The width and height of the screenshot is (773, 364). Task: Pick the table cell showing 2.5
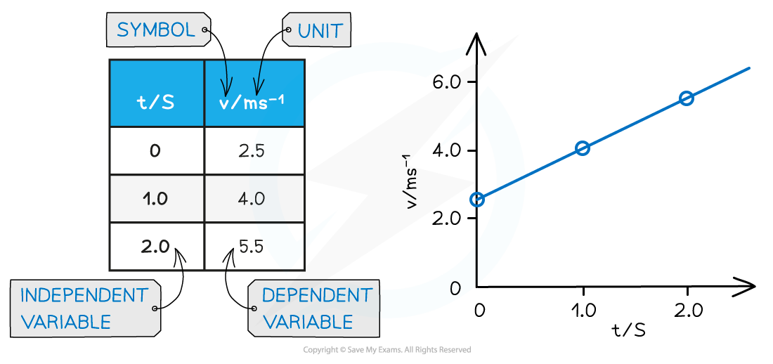click(x=254, y=150)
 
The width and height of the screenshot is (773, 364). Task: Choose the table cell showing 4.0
click(x=254, y=198)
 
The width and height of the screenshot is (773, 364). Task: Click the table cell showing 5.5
click(x=254, y=246)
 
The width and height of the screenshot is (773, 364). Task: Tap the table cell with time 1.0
click(x=156, y=198)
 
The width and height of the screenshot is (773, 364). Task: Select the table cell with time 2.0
click(x=156, y=246)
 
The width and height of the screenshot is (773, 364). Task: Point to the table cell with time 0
click(x=156, y=150)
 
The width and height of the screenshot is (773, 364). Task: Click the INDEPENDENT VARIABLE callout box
click(x=85, y=308)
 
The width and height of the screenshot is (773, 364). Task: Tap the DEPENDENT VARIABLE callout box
click(x=313, y=308)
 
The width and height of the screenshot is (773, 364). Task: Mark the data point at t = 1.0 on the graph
click(x=583, y=148)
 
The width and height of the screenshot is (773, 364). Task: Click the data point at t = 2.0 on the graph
click(x=687, y=98)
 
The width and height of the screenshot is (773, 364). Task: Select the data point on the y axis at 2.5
click(x=477, y=200)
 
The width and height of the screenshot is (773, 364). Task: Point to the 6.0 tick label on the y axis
click(x=448, y=82)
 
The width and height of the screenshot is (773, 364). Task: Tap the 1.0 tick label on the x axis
click(x=583, y=310)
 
